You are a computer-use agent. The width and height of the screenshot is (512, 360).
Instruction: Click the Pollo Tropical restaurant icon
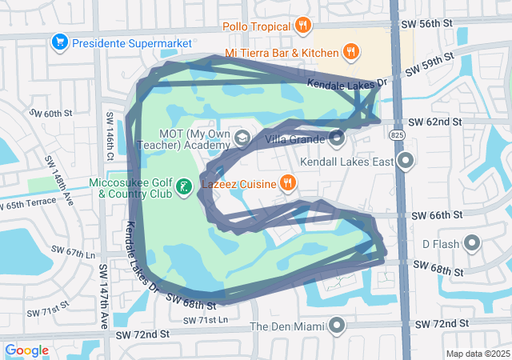click(302, 26)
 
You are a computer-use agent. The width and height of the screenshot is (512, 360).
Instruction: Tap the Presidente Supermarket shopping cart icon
click(58, 41)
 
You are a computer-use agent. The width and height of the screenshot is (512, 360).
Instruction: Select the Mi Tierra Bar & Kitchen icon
click(350, 53)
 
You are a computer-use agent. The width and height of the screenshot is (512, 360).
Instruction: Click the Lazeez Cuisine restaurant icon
click(288, 183)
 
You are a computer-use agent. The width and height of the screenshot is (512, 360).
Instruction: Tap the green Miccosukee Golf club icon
click(184, 187)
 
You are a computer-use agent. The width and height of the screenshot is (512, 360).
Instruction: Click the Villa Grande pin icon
click(337, 138)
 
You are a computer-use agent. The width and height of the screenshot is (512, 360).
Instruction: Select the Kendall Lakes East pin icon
click(406, 162)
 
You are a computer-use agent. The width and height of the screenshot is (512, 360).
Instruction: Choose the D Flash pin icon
click(471, 242)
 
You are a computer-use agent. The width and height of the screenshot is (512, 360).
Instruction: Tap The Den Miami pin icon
click(337, 326)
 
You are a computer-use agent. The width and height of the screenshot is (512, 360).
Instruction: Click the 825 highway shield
click(398, 137)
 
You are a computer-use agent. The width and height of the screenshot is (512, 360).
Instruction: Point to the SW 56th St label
click(435, 25)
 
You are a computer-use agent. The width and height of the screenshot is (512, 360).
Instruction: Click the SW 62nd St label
click(435, 122)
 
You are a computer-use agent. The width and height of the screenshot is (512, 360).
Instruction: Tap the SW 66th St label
click(436, 216)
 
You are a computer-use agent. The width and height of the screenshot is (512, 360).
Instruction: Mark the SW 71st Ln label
click(205, 320)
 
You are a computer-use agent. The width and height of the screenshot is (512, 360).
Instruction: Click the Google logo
click(27, 350)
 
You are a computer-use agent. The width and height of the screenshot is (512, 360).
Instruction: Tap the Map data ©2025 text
click(477, 354)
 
